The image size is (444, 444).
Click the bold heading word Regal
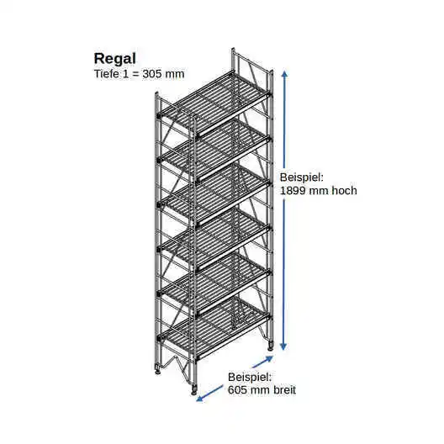(114, 60)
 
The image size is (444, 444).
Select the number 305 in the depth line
(152, 74)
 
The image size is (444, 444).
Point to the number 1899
(293, 191)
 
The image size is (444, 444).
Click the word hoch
(344, 191)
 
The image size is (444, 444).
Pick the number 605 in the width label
(238, 390)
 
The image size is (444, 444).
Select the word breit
(284, 390)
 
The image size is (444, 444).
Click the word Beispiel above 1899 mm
(302, 178)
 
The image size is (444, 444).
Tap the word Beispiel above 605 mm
(250, 378)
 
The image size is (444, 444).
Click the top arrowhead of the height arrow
(284, 74)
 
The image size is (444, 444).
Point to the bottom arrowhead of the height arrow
(283, 346)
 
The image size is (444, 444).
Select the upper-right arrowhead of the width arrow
(269, 358)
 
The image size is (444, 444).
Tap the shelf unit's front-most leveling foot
(194, 389)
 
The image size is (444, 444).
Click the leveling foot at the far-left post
(157, 369)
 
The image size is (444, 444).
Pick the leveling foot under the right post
(271, 346)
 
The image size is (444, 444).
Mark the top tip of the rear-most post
(233, 49)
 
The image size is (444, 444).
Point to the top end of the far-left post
(156, 92)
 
